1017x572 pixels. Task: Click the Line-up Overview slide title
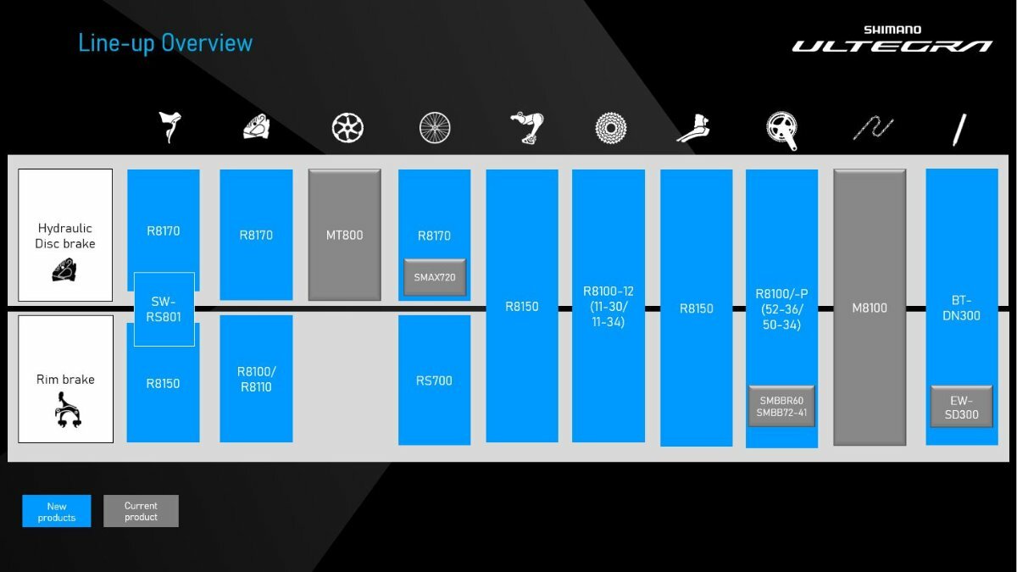coord(165,43)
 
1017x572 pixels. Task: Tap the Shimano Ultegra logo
coord(892,39)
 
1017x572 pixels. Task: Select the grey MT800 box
coord(345,235)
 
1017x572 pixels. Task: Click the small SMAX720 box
coord(435,277)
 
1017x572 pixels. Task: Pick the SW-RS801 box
coord(164,309)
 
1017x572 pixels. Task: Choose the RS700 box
coord(434,380)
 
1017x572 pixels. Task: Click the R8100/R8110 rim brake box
coord(256,379)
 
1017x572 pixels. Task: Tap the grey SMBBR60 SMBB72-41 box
coord(781,406)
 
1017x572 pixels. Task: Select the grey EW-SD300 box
coord(961,407)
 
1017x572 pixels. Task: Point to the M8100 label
coord(870,308)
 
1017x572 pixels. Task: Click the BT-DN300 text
coord(961,308)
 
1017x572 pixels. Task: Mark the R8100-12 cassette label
coord(609,307)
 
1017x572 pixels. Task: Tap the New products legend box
coord(57,511)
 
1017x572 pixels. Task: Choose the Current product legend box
coord(141,511)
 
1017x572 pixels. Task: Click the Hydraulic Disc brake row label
coord(65,236)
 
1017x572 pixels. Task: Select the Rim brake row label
coord(65,380)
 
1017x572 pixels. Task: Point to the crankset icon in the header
coord(781,131)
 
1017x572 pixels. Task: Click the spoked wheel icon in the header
coord(435,128)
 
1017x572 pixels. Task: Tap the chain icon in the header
coord(873,128)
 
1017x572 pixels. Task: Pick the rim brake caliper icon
coord(68,410)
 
